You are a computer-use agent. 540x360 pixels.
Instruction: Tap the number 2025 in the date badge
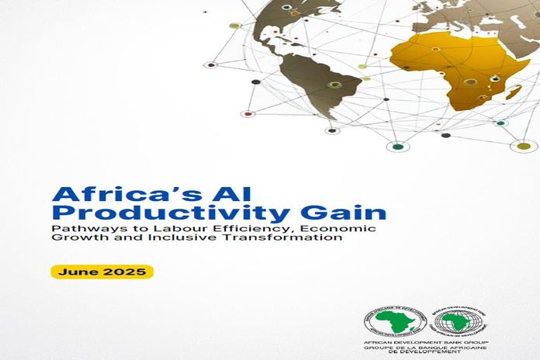pos(129,272)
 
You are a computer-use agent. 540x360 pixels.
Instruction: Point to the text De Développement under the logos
pos(434,353)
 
